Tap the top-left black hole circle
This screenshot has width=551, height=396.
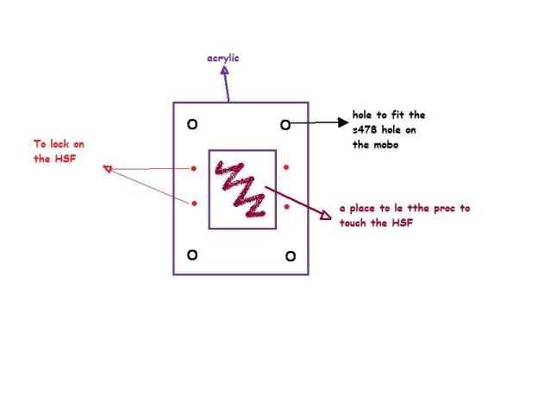[192, 124]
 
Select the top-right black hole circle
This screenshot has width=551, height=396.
[285, 124]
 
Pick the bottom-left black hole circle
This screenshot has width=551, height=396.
[192, 254]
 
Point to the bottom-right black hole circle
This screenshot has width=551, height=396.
[291, 255]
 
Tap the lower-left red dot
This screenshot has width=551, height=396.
[193, 204]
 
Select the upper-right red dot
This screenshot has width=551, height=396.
[286, 167]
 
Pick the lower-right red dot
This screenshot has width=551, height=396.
[286, 206]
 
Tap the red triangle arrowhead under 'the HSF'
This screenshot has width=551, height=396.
[107, 168]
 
